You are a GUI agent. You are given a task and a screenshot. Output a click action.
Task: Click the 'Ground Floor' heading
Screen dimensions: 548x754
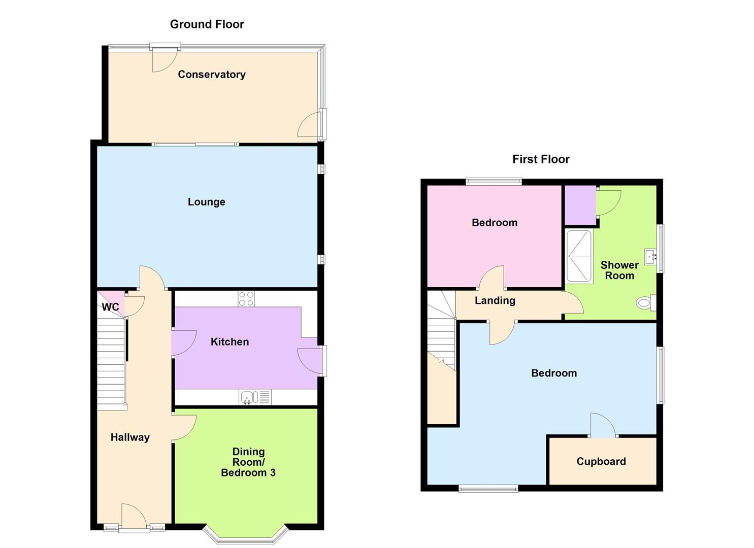(207, 24)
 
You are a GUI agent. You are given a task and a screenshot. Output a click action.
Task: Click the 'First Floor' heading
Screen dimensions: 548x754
(541, 159)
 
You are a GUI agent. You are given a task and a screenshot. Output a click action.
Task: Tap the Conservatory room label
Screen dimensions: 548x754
(211, 75)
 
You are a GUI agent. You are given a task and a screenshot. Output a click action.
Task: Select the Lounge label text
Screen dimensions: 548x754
(206, 202)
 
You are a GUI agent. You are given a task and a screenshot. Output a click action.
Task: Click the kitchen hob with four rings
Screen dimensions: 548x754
(246, 298)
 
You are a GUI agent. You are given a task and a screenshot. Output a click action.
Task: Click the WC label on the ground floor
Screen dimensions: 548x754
(110, 307)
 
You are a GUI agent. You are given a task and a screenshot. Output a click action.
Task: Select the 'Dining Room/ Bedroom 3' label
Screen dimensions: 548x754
(248, 462)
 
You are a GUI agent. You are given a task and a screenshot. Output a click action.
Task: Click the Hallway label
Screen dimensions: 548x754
(130, 437)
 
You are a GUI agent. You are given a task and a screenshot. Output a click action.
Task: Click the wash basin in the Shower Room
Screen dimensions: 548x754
(650, 257)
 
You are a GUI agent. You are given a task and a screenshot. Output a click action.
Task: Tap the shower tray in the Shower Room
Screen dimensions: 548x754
(579, 256)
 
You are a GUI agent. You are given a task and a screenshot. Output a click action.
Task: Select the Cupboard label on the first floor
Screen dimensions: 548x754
(601, 462)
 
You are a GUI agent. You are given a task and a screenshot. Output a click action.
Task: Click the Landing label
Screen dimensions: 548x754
(495, 300)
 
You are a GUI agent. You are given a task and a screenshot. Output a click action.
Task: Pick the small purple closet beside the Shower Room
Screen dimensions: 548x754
(580, 205)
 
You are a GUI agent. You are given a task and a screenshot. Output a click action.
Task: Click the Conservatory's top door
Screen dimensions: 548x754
(165, 58)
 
